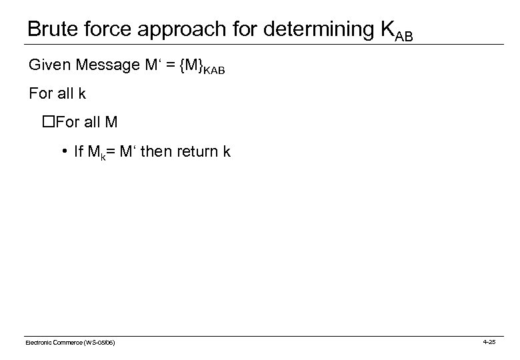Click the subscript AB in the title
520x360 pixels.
(404, 35)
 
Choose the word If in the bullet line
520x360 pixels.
(79, 151)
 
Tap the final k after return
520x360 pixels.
(227, 151)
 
